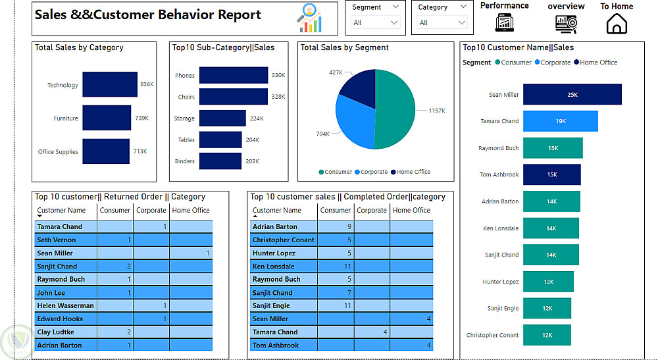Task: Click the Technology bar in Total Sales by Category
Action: tap(110, 85)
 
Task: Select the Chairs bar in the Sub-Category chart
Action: tap(234, 97)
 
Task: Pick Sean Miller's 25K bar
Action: tap(572, 95)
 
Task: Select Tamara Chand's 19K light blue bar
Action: tap(560, 121)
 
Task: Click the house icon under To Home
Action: tap(617, 24)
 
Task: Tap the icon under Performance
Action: tap(504, 23)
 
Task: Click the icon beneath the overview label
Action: tap(566, 24)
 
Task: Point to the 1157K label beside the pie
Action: tap(436, 111)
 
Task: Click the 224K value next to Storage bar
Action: tap(256, 118)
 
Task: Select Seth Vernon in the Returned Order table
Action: tap(57, 240)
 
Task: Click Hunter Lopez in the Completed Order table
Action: tap(274, 253)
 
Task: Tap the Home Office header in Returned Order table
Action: tap(191, 211)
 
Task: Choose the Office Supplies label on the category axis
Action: tap(58, 152)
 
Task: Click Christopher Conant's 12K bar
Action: tap(547, 335)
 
